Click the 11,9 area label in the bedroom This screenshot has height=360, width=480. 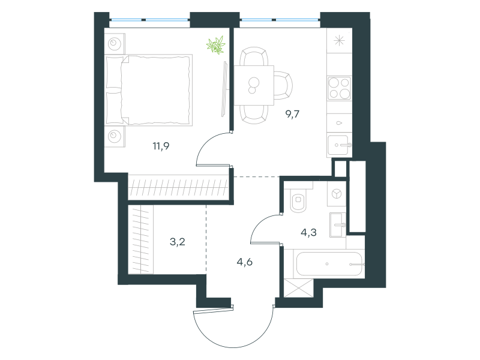tap(161, 146)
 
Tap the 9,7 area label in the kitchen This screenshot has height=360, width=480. tap(292, 114)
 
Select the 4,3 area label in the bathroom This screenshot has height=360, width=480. tap(308, 233)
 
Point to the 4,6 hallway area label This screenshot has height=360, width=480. tap(245, 262)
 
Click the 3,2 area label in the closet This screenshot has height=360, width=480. tap(178, 242)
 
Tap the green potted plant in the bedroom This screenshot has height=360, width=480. tap(216, 45)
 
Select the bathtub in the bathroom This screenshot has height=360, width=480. tap(329, 264)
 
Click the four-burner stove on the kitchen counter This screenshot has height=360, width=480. tap(339, 88)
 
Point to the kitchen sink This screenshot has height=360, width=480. tap(339, 146)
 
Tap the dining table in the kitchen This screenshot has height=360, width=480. tap(254, 85)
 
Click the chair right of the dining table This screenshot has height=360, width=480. tap(283, 85)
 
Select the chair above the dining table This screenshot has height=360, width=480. tap(254, 56)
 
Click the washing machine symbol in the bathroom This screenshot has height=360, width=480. tap(337, 194)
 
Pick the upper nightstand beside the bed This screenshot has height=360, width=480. tap(115, 44)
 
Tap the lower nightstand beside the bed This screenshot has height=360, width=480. tap(115, 136)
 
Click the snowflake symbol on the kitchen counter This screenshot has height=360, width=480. tap(339, 40)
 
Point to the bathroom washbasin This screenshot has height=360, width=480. tap(338, 225)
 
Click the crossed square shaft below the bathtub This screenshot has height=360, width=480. tap(298, 288)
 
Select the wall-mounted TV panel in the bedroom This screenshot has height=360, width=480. tap(225, 89)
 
